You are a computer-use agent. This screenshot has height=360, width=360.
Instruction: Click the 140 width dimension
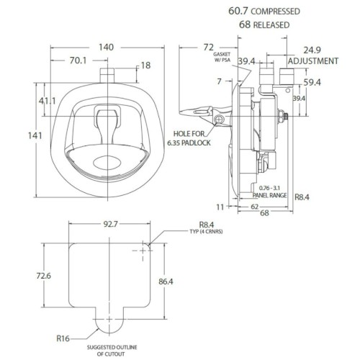(x=106, y=48)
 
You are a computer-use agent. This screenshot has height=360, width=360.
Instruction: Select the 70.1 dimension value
(x=78, y=60)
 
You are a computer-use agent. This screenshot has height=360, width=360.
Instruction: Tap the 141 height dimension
(x=35, y=136)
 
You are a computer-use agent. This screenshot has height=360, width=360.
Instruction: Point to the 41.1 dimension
(x=48, y=101)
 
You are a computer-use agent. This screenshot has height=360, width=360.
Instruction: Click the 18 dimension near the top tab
(x=145, y=66)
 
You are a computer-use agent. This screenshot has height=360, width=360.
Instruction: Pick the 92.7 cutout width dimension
(x=111, y=224)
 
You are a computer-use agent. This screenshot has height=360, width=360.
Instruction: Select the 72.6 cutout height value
(x=44, y=276)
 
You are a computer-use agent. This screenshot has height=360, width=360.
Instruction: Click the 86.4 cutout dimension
(x=166, y=282)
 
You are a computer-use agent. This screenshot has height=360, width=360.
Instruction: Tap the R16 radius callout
(x=63, y=338)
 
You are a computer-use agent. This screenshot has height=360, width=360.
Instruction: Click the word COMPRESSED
(x=276, y=12)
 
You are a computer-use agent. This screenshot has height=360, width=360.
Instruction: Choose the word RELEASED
(x=271, y=25)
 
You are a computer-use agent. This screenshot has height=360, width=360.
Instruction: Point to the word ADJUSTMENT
(x=313, y=61)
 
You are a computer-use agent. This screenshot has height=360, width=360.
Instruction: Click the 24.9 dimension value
(x=312, y=50)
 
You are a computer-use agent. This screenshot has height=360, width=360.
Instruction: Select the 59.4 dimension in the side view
(x=312, y=83)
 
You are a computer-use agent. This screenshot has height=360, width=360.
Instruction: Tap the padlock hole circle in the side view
(x=219, y=119)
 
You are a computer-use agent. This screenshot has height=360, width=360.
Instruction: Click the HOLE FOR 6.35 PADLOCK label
(x=189, y=138)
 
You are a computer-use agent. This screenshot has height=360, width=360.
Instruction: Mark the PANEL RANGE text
(x=269, y=195)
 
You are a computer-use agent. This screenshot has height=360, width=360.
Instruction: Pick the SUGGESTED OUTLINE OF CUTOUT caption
(x=112, y=351)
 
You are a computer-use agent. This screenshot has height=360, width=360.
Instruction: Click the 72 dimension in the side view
(x=208, y=48)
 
